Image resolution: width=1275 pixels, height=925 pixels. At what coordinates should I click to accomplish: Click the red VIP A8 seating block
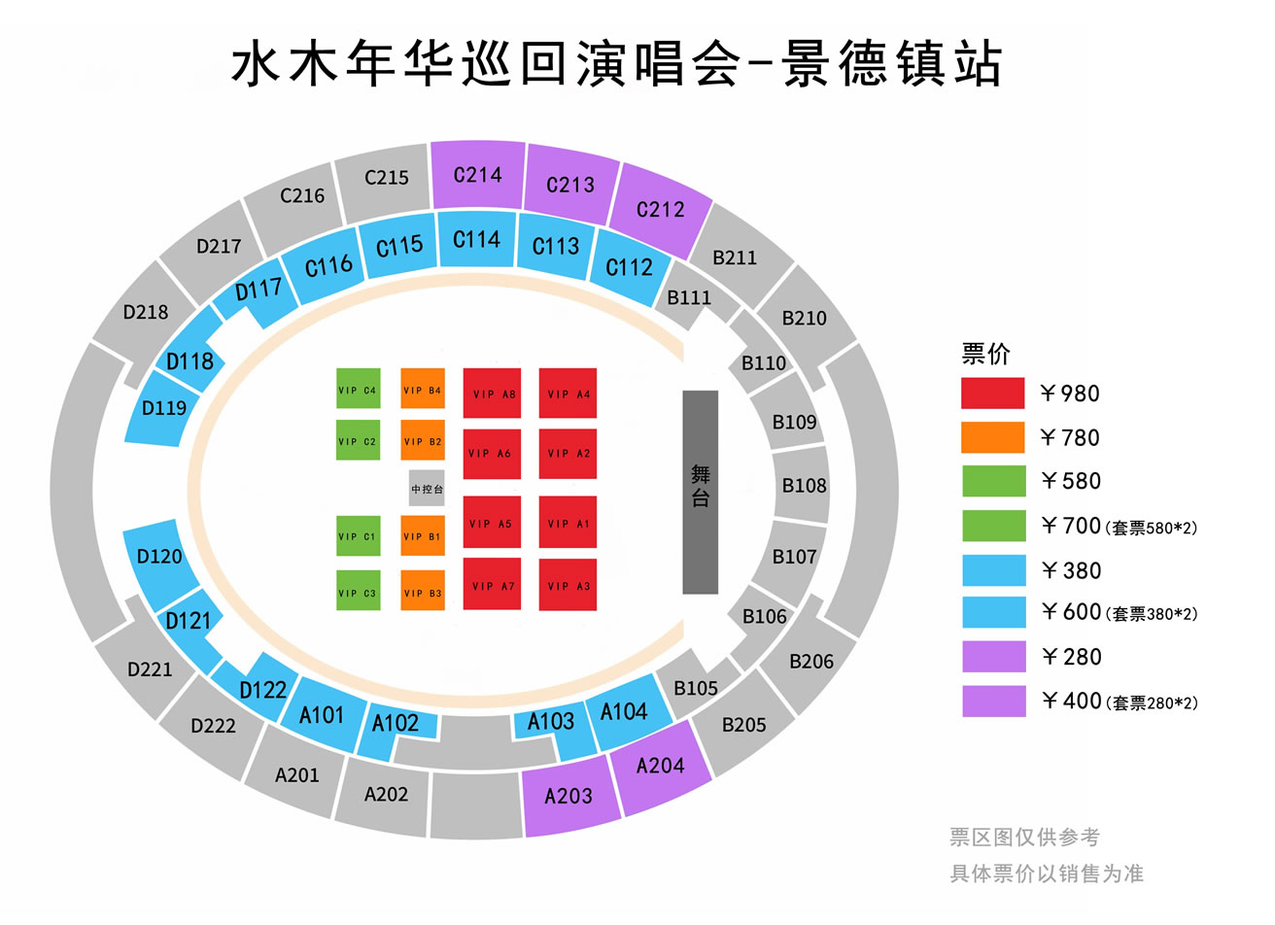click(492, 394)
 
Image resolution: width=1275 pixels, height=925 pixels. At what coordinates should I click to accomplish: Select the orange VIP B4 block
click(423, 389)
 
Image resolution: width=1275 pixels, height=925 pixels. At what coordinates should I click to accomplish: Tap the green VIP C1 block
click(358, 535)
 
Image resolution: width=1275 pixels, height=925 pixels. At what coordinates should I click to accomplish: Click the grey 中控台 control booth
click(427, 488)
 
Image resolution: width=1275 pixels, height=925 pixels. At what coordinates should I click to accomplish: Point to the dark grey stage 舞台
click(700, 493)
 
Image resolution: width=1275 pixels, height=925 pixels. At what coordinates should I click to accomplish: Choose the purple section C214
click(477, 175)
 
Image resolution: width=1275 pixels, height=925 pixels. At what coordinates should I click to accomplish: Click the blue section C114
click(476, 239)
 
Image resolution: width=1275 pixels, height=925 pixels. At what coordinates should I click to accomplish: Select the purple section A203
click(569, 795)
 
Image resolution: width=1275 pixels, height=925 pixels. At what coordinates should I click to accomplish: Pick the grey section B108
click(802, 485)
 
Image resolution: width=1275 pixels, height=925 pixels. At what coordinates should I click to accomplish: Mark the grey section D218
click(146, 312)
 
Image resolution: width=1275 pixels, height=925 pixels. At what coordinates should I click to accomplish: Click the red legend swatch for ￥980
click(992, 394)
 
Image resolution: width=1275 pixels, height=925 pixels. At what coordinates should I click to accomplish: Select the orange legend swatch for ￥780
click(992, 437)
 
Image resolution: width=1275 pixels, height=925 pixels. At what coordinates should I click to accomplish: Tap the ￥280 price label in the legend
click(1072, 657)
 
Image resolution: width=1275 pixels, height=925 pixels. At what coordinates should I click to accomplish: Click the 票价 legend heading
click(985, 354)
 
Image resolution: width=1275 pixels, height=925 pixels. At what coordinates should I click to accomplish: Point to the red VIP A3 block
click(568, 585)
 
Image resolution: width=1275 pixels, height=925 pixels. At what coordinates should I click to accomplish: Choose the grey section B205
click(742, 724)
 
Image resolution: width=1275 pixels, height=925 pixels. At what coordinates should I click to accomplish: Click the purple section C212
click(660, 210)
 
